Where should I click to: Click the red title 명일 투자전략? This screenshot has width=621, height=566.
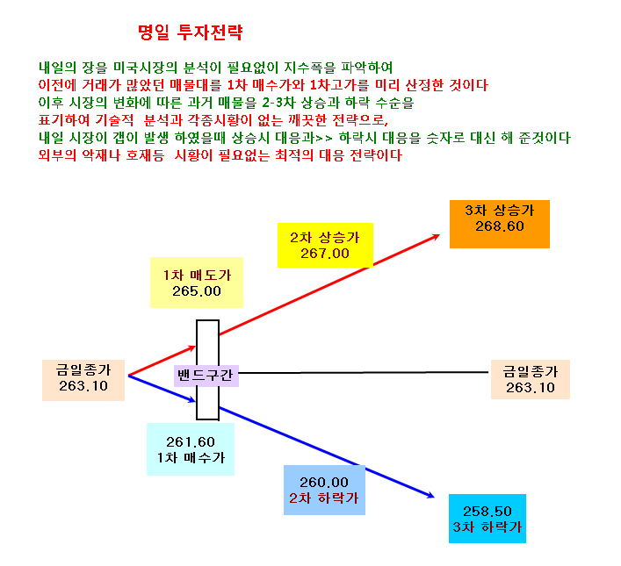(190, 32)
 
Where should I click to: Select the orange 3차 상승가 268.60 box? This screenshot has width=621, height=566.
(500, 224)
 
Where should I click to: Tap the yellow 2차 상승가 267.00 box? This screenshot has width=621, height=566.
(325, 245)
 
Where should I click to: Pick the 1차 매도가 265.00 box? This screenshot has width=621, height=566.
(197, 283)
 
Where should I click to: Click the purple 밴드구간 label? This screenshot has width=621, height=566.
(206, 376)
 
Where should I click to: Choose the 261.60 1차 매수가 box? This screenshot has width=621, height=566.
(191, 449)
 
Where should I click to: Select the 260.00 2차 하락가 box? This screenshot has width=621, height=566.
(324, 490)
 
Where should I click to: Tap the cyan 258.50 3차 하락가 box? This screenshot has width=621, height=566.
(487, 519)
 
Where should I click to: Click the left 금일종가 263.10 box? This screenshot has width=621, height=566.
(83, 380)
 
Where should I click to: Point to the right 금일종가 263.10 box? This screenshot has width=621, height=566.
(531, 379)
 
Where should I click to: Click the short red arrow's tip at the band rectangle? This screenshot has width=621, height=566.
(196, 347)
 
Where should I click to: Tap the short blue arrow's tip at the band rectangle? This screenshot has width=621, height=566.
(196, 401)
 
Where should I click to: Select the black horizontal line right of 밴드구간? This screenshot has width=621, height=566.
(364, 372)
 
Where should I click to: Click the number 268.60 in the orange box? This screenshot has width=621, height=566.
(500, 226)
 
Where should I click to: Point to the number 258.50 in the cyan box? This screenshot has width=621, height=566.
(487, 512)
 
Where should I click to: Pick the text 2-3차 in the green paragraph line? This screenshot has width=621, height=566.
(278, 103)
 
